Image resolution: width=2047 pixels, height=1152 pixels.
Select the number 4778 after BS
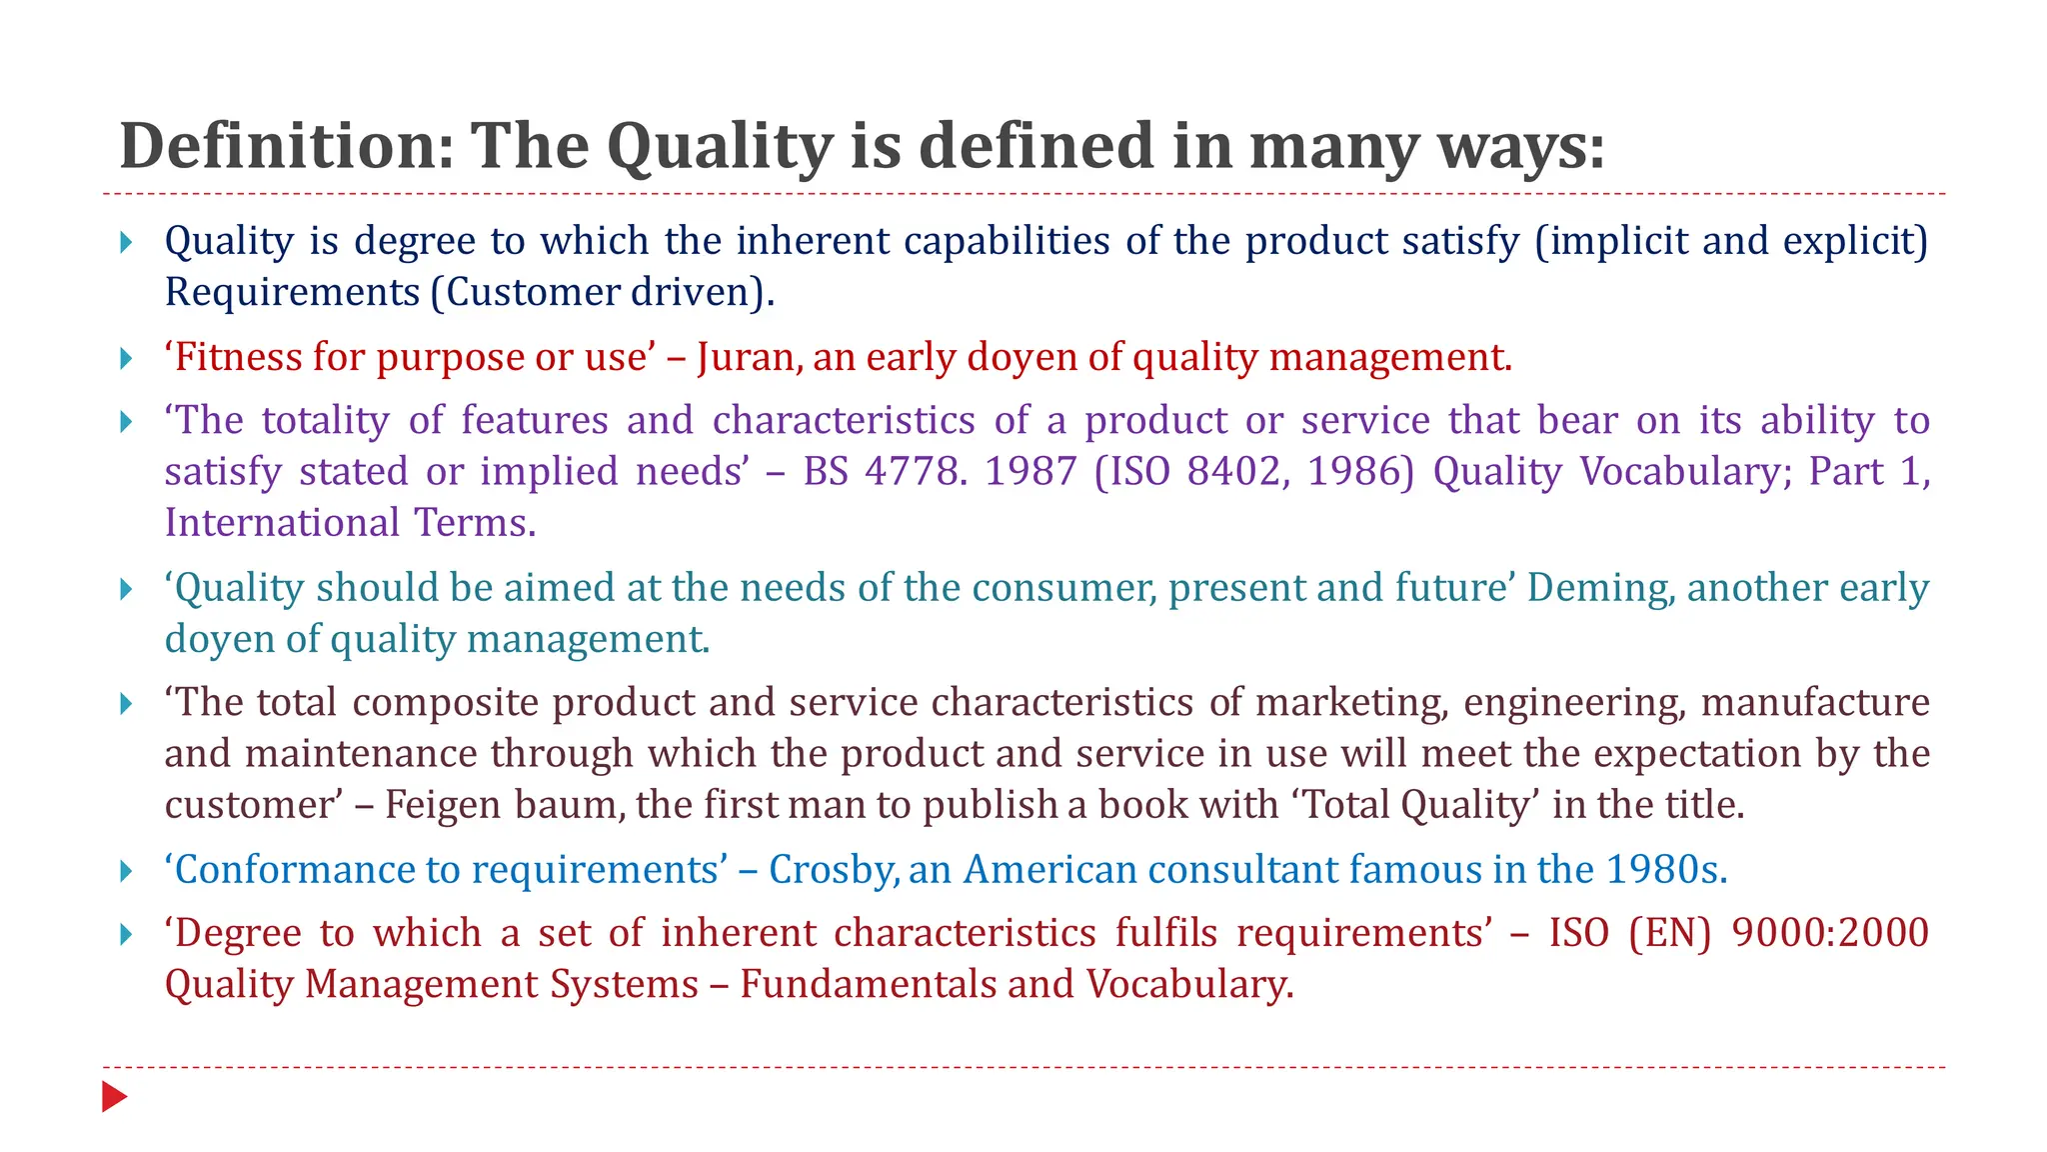pos(916,471)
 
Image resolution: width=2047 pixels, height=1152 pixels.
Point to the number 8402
pos(1228,471)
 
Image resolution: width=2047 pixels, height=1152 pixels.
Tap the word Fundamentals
pos(868,985)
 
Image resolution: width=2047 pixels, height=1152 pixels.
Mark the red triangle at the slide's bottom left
pos(114,1097)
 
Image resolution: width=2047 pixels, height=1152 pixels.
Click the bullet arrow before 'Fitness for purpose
pos(126,358)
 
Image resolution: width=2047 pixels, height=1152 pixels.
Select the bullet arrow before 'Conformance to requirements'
pos(126,871)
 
